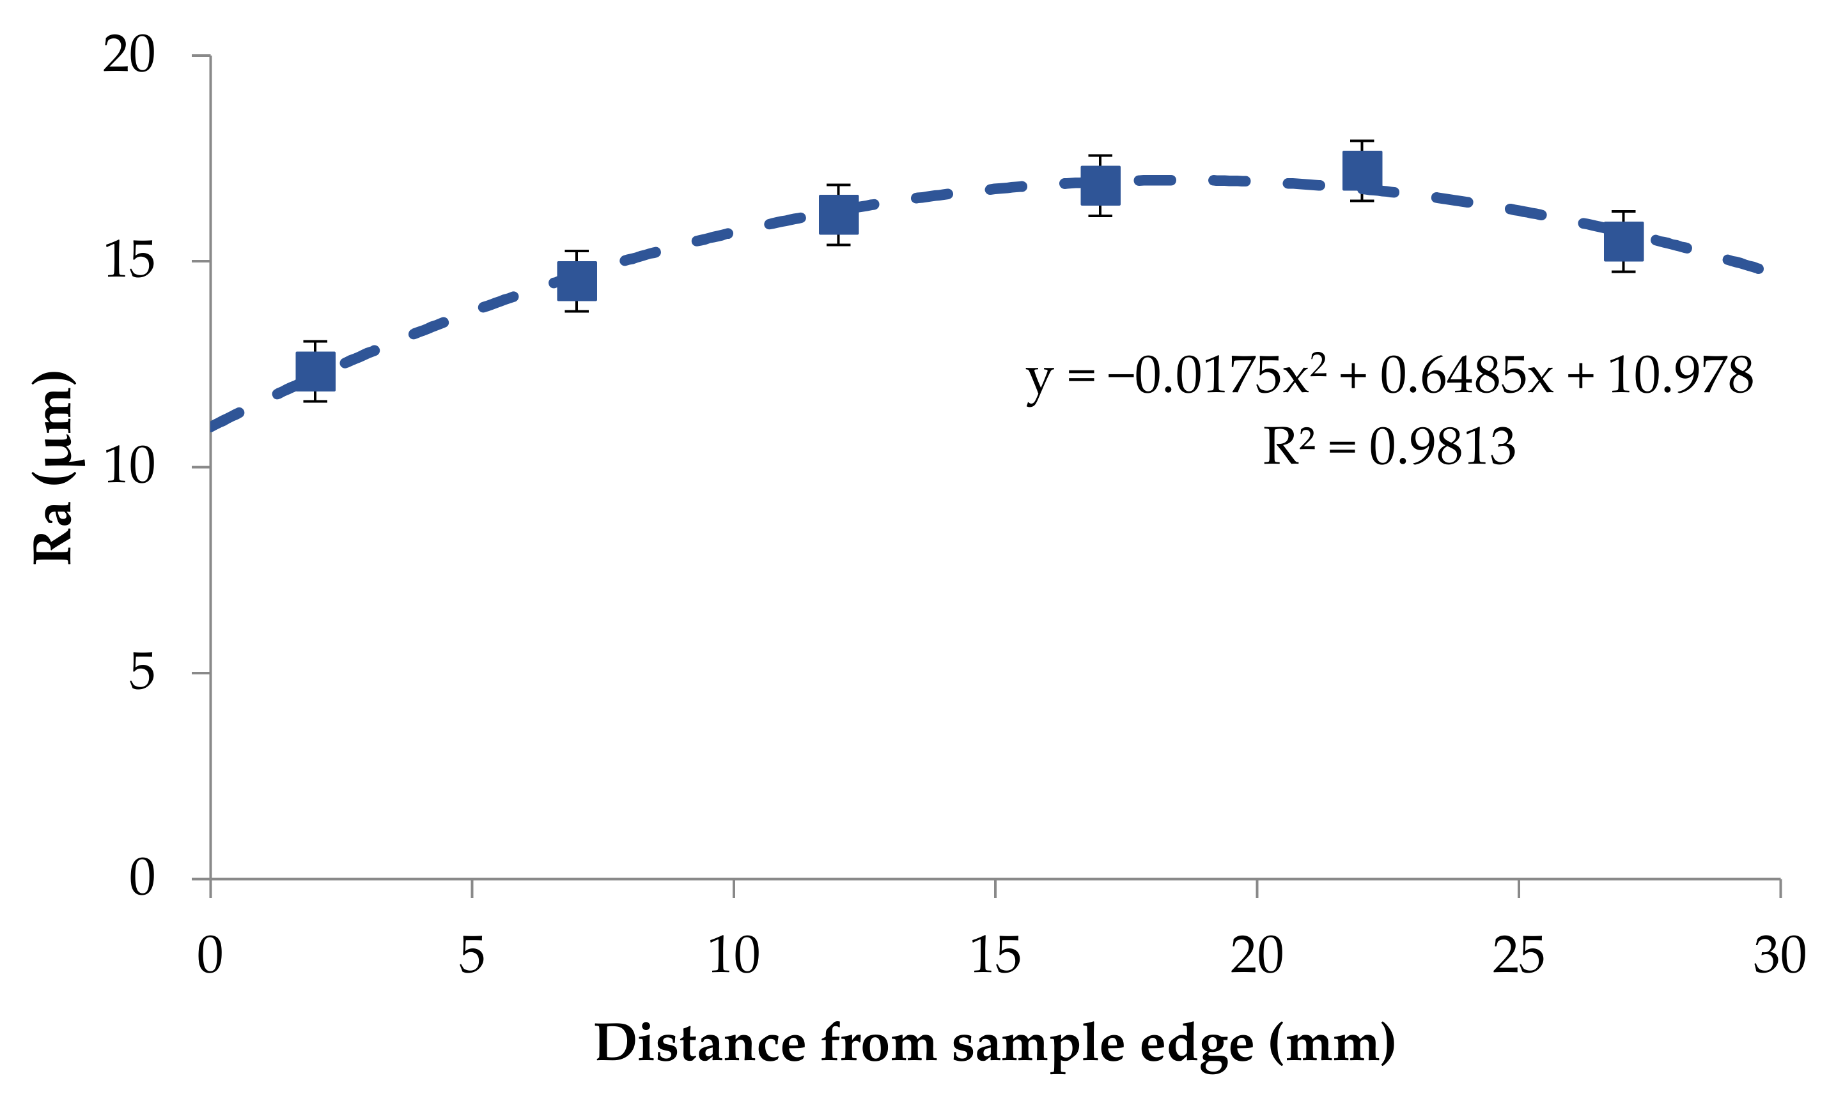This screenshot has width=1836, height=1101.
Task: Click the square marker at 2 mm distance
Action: point(316,372)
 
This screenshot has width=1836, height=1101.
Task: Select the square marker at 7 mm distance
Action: point(577,281)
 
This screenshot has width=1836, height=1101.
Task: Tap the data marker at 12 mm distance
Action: point(839,215)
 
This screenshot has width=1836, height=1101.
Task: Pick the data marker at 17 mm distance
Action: point(1100,185)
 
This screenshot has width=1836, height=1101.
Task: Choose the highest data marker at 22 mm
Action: point(1362,171)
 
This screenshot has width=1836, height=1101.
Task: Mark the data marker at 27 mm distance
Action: point(1624,242)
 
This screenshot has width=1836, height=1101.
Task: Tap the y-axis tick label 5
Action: point(142,673)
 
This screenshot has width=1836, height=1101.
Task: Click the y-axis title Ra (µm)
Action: point(54,467)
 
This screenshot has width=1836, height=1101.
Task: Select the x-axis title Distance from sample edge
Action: point(995,1045)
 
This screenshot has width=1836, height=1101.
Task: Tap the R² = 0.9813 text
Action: point(1389,448)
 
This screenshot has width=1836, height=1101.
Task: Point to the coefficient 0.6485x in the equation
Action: point(1466,376)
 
